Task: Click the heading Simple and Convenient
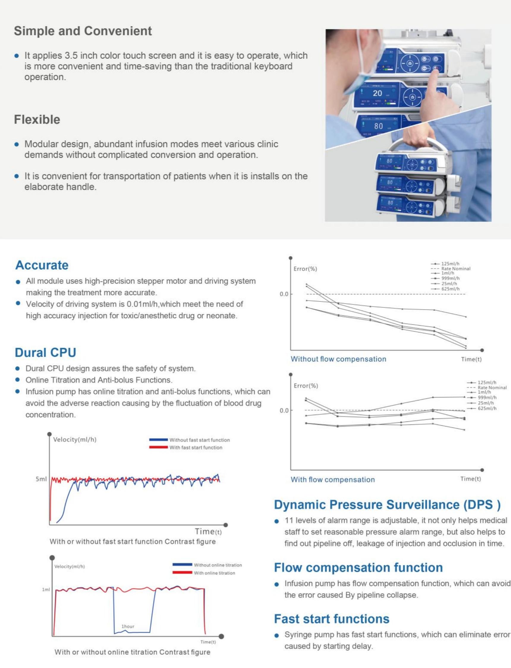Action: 83,31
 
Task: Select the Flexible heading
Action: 37,119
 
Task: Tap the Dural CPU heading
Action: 45,353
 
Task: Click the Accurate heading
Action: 42,265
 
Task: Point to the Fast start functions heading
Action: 331,619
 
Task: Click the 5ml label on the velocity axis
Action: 41,479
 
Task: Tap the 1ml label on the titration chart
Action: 46,590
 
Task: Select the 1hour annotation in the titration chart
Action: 128,626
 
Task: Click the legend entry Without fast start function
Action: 199,440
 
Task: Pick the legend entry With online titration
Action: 214,573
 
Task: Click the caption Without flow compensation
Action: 338,359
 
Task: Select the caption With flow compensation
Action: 333,480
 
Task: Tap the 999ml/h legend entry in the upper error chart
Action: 450,278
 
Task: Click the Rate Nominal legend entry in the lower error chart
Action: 492,388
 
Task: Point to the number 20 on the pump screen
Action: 377,93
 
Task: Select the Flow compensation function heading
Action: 358,567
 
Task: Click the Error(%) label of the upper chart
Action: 305,269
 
